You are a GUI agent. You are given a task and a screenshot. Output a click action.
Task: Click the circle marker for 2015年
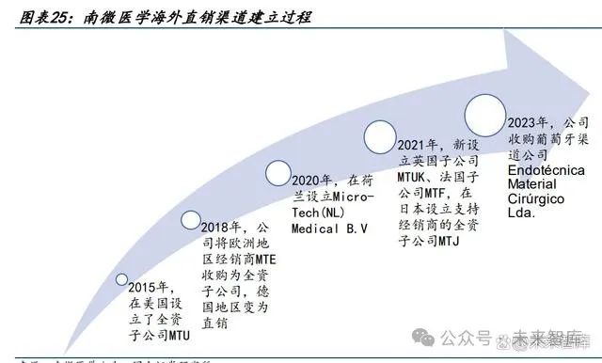tap(120, 279)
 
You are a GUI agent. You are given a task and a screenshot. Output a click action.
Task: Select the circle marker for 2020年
tap(279, 173)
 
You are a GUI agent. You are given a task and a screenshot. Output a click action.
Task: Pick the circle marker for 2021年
tap(379, 137)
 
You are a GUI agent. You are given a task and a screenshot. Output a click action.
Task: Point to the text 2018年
tap(222, 227)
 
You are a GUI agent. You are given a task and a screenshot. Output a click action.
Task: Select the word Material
tap(535, 186)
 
